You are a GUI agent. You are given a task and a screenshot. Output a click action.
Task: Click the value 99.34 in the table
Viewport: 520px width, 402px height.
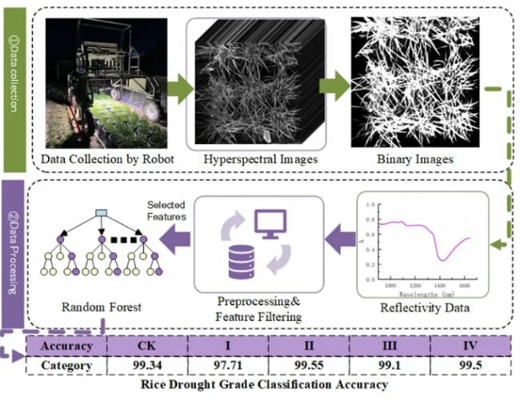click(x=147, y=365)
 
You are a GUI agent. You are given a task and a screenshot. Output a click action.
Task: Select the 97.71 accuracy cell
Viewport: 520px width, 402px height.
click(x=228, y=365)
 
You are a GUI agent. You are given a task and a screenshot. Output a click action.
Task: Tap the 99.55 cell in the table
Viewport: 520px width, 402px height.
click(x=308, y=365)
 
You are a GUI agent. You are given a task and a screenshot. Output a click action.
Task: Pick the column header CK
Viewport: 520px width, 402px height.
click(x=147, y=346)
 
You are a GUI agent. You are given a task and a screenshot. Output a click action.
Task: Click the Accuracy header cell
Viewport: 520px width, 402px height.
click(x=66, y=346)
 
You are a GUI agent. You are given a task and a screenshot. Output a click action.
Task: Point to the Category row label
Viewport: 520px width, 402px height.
click(x=66, y=365)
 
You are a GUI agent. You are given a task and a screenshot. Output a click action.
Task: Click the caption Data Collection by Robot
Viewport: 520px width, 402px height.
click(x=107, y=159)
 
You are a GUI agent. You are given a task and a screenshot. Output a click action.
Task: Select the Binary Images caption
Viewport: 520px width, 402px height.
click(x=414, y=159)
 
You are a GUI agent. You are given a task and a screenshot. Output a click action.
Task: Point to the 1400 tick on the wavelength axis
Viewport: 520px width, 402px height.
click(x=441, y=285)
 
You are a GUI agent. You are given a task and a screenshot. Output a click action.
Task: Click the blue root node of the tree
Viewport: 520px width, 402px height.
click(x=101, y=212)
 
